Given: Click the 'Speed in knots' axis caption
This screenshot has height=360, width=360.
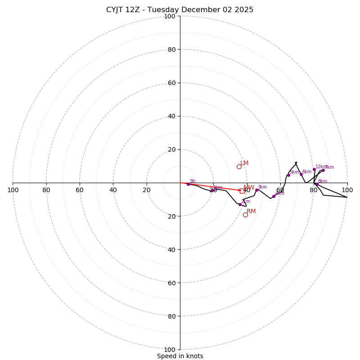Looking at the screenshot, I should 180,356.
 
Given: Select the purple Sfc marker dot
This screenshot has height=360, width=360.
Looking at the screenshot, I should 188,184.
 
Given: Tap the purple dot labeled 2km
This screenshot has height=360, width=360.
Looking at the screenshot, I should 240,204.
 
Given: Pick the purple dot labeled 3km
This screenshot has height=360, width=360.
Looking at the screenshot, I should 256,190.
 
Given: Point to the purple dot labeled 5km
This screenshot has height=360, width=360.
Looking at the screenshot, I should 288,175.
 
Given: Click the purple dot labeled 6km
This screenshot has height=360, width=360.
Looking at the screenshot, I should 301,174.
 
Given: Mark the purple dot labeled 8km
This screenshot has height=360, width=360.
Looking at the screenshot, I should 317,184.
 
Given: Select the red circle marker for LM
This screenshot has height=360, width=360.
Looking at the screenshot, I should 239,166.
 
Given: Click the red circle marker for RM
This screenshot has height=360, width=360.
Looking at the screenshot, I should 245,215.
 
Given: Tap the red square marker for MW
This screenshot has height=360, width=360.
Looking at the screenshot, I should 242,191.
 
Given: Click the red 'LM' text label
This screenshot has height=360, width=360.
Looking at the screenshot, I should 244,163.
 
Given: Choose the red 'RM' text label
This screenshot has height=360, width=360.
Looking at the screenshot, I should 251,211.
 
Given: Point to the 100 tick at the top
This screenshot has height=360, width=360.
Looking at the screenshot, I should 170,16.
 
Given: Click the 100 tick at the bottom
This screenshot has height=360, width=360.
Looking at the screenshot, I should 170,350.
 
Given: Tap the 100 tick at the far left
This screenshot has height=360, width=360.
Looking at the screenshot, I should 13,190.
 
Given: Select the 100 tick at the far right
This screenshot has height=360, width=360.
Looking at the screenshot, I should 347,190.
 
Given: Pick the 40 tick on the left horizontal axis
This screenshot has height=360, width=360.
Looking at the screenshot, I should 113,190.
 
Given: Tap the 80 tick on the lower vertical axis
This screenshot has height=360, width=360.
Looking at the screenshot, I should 171,316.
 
